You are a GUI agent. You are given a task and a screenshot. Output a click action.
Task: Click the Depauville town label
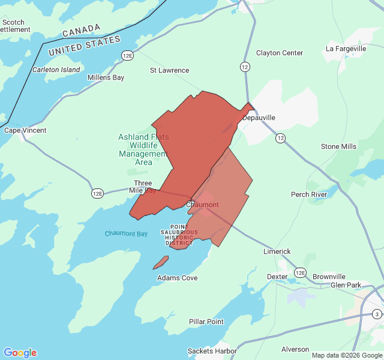click(x=259, y=118)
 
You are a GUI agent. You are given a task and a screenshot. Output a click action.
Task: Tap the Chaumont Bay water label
click(x=126, y=233)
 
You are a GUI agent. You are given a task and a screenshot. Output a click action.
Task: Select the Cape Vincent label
click(x=25, y=130)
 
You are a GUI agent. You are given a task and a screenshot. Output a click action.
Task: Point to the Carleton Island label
click(x=56, y=70)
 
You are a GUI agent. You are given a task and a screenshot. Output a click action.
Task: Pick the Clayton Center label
click(x=280, y=53)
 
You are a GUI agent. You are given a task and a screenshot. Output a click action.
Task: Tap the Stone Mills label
click(x=338, y=146)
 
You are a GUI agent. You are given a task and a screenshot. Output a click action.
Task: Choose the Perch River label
click(x=309, y=194)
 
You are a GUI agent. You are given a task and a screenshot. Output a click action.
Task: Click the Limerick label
click(x=277, y=251)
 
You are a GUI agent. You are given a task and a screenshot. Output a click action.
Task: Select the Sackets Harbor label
click(x=212, y=350)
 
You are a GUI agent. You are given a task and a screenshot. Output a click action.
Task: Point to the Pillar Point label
click(x=206, y=322)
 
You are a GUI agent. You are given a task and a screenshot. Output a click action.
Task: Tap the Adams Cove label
click(x=177, y=278)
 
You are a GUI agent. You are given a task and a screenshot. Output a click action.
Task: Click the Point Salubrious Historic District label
click(x=179, y=235)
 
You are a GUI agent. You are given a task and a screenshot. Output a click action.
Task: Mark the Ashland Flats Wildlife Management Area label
click(x=143, y=149)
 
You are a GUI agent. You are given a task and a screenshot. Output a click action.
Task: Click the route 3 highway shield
click(x=376, y=314)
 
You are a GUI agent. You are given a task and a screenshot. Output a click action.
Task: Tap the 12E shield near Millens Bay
click(x=127, y=56)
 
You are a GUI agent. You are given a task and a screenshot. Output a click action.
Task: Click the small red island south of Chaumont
click(x=161, y=263)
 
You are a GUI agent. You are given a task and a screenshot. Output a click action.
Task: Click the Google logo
click(x=20, y=353)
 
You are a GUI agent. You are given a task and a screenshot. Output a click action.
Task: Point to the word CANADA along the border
click(x=82, y=30)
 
